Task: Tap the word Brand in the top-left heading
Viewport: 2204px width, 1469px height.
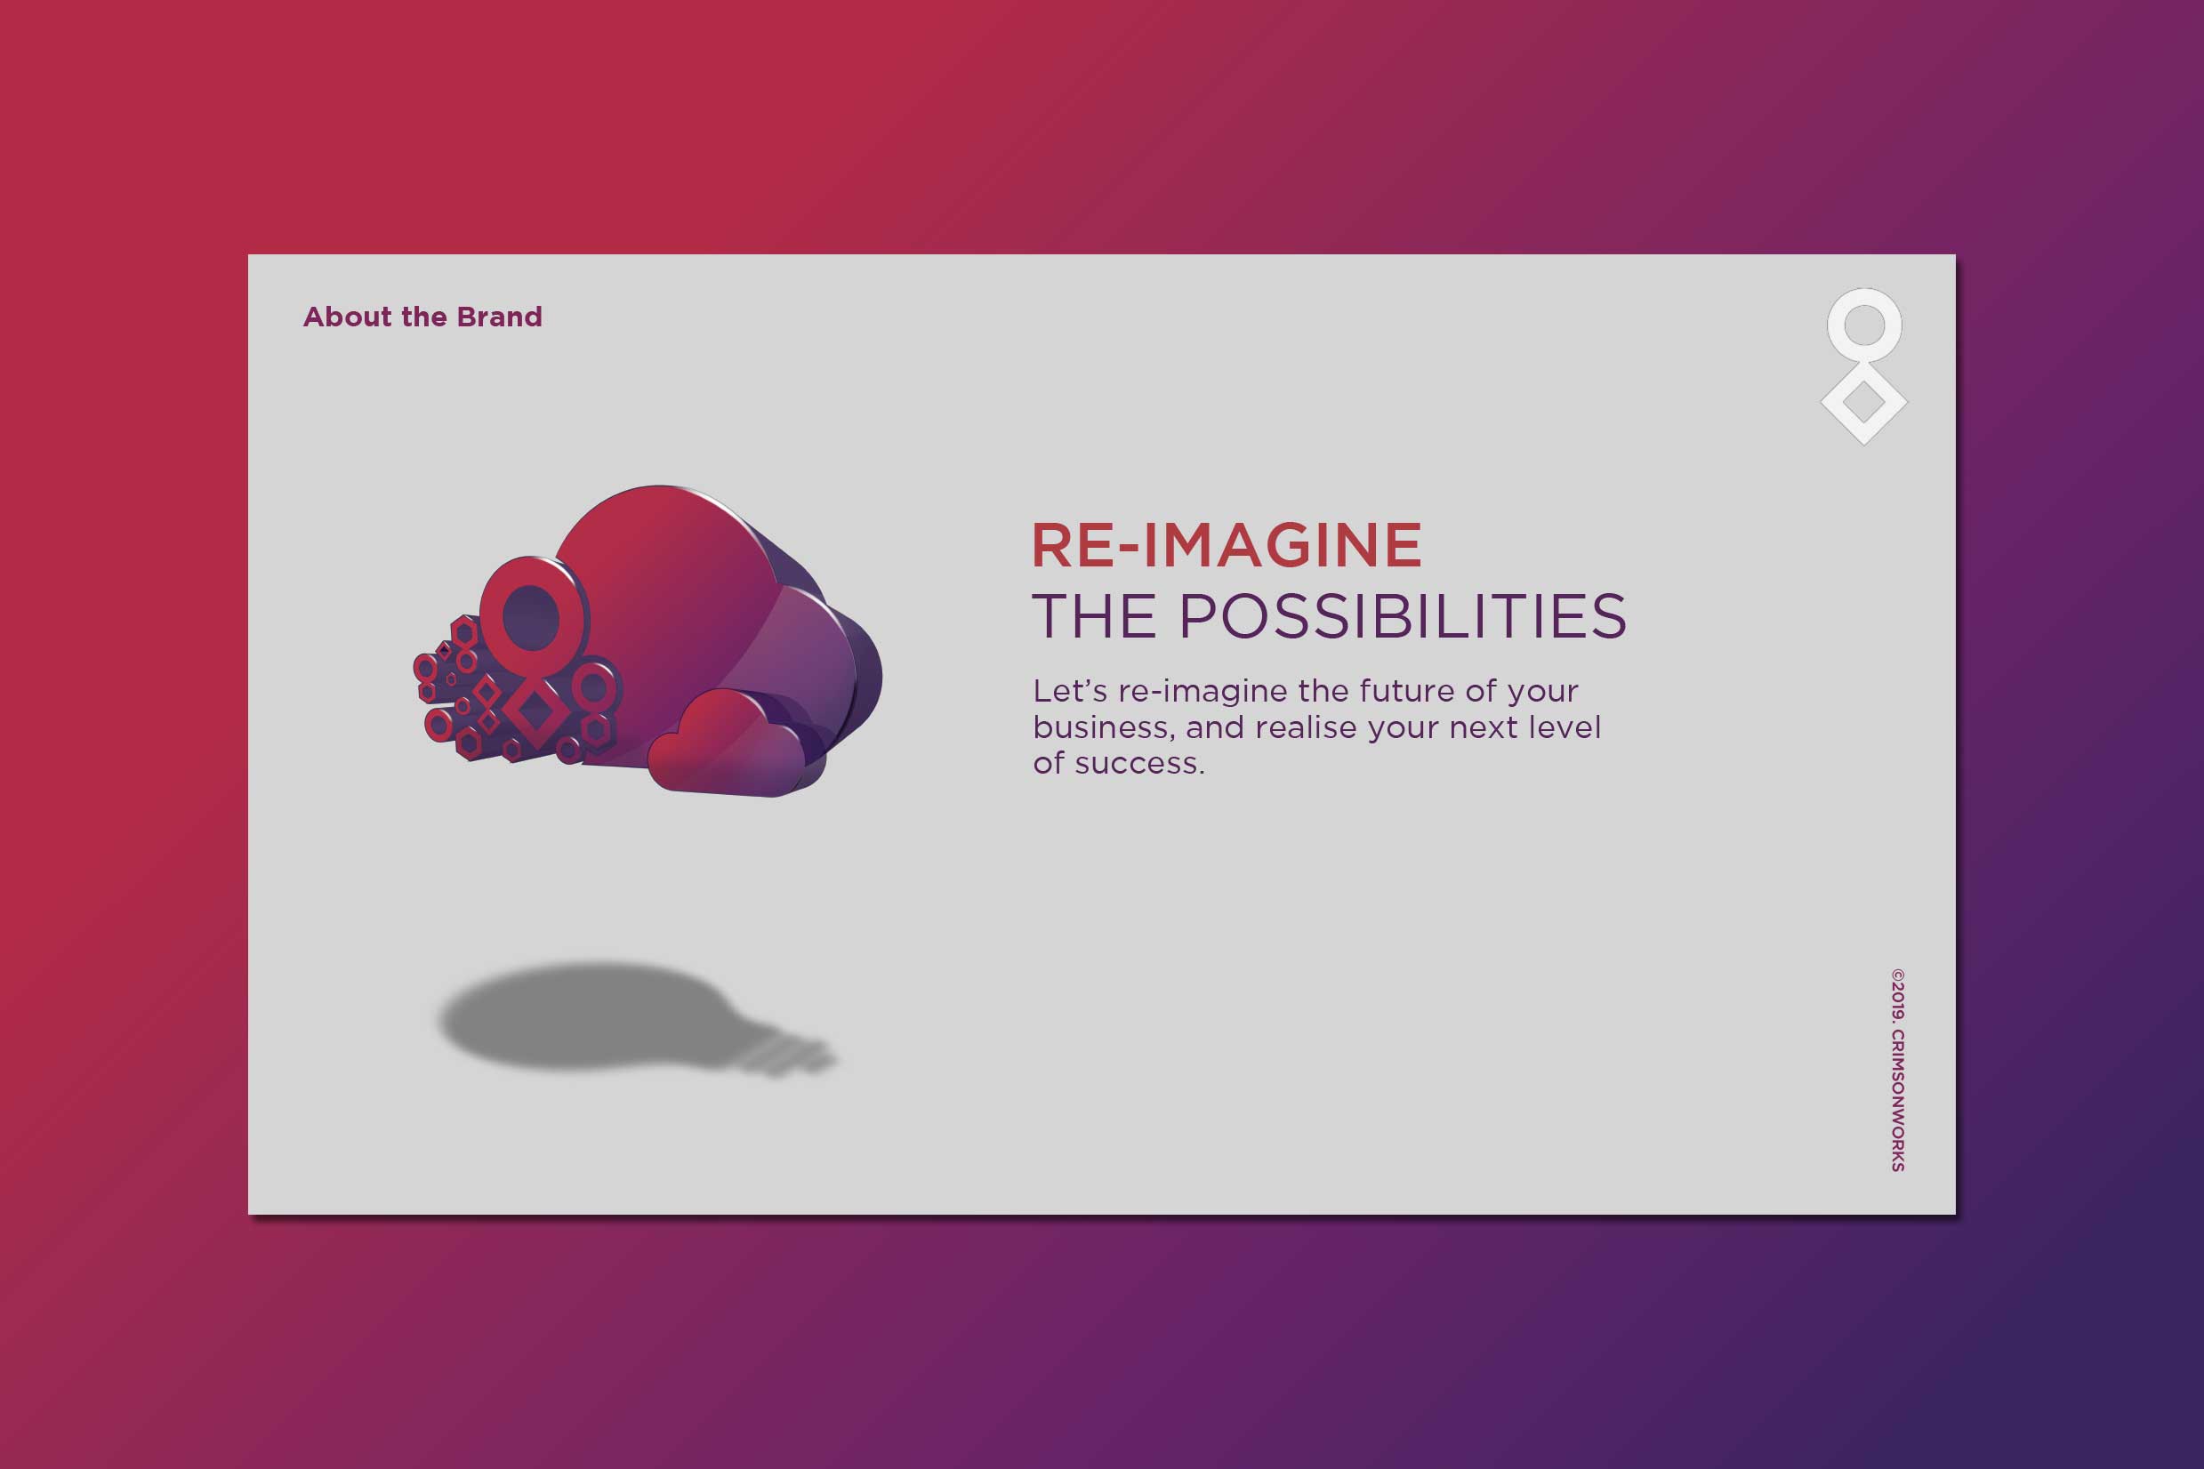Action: [x=500, y=317]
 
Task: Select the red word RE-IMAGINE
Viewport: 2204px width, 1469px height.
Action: [x=1227, y=545]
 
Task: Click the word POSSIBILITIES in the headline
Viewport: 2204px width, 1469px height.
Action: [x=1403, y=616]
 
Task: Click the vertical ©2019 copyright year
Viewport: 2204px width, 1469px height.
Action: [x=1897, y=995]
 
